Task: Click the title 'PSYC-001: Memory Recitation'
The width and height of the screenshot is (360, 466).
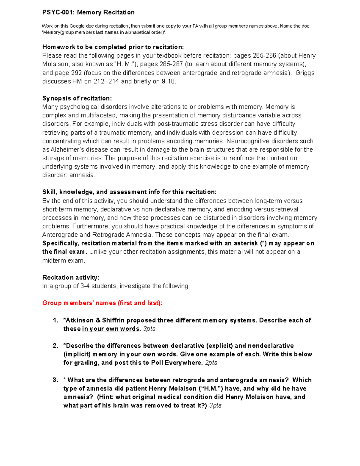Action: pos(88,12)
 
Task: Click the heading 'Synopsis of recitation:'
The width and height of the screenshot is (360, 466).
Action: pos(77,98)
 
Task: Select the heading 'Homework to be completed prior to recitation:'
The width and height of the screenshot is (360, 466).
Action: pos(113,47)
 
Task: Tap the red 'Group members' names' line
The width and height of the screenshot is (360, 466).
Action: pos(102,303)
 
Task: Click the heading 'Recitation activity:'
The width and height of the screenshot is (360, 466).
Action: pos(71,277)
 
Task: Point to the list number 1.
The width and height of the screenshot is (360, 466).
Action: pos(55,320)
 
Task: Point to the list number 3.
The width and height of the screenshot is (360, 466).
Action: pos(55,380)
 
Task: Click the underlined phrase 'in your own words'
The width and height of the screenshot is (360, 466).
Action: pos(110,329)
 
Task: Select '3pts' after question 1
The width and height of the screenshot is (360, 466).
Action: pos(149,329)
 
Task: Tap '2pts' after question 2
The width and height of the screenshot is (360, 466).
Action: pos(211,363)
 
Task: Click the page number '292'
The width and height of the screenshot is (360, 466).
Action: pos(76,73)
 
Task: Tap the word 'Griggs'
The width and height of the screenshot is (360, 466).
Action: pos(304,73)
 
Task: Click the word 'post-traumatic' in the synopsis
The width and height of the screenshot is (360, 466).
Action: pos(178,124)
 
